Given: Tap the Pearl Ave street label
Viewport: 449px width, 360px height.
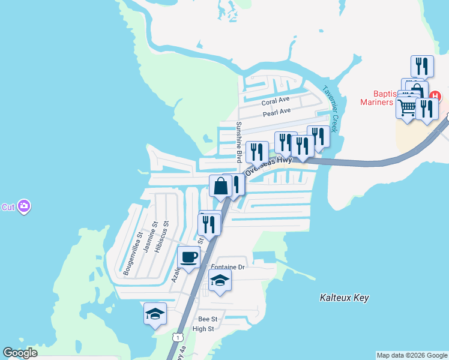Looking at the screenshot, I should [276, 112].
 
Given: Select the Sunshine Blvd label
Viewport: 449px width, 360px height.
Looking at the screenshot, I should [238, 142].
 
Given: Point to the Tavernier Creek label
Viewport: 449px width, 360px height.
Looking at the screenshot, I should [331, 105].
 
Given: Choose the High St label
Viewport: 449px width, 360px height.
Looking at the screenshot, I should [203, 329].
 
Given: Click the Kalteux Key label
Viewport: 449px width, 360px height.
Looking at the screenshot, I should [344, 298].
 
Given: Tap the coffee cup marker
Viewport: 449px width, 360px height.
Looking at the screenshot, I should [189, 257].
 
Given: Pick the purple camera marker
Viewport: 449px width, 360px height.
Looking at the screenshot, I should [24, 206].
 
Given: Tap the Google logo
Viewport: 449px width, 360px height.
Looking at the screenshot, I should [20, 353].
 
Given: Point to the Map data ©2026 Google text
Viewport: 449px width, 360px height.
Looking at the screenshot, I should [411, 355].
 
